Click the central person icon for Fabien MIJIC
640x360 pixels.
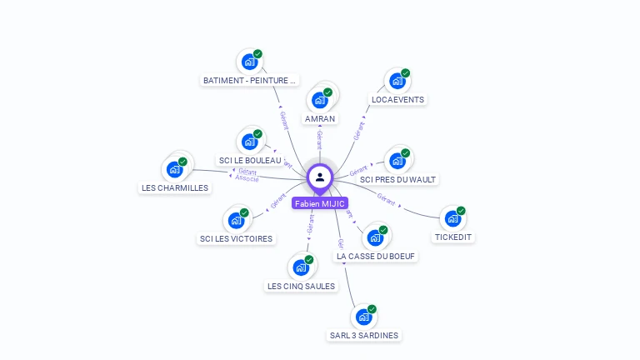pos(320,177)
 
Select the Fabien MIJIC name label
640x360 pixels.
pos(320,203)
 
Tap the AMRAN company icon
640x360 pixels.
pos(319,100)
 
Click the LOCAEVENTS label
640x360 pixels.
pos(397,100)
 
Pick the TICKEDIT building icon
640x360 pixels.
pos(452,218)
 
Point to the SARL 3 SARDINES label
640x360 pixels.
pos(364,336)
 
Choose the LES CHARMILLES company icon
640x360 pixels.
pos(174,169)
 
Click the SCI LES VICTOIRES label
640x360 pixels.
pos(236,239)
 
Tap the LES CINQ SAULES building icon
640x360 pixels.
pos(300,268)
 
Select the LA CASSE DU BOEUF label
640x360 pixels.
pos(376,257)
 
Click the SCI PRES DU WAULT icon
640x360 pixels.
pos(397,161)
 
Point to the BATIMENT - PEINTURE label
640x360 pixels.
pos(250,81)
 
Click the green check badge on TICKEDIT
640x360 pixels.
pos(461,211)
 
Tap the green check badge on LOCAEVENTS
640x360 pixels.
pos(405,73)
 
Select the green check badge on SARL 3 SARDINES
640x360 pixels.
pos(372,309)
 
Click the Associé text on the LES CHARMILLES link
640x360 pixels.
pos(247,178)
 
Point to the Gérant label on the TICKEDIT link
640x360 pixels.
pos(386,198)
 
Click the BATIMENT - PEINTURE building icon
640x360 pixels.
pos(249,62)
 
